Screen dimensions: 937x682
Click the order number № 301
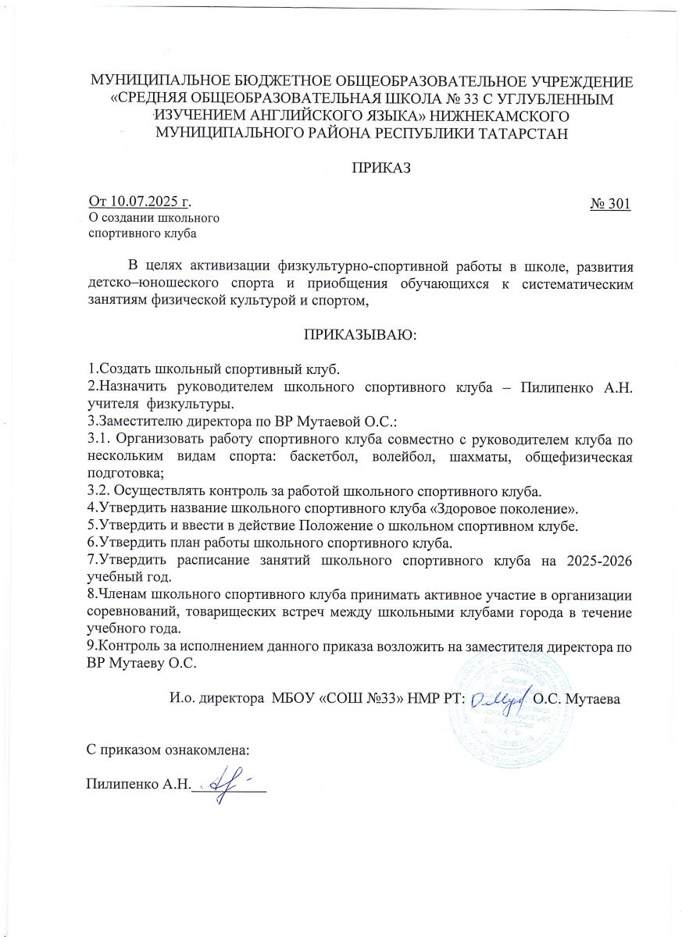point(610,205)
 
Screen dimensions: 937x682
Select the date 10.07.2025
point(143,205)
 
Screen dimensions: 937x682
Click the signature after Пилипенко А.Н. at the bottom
point(227,783)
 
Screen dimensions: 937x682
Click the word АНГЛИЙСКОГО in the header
point(263,115)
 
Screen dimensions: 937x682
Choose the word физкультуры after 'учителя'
point(187,405)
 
